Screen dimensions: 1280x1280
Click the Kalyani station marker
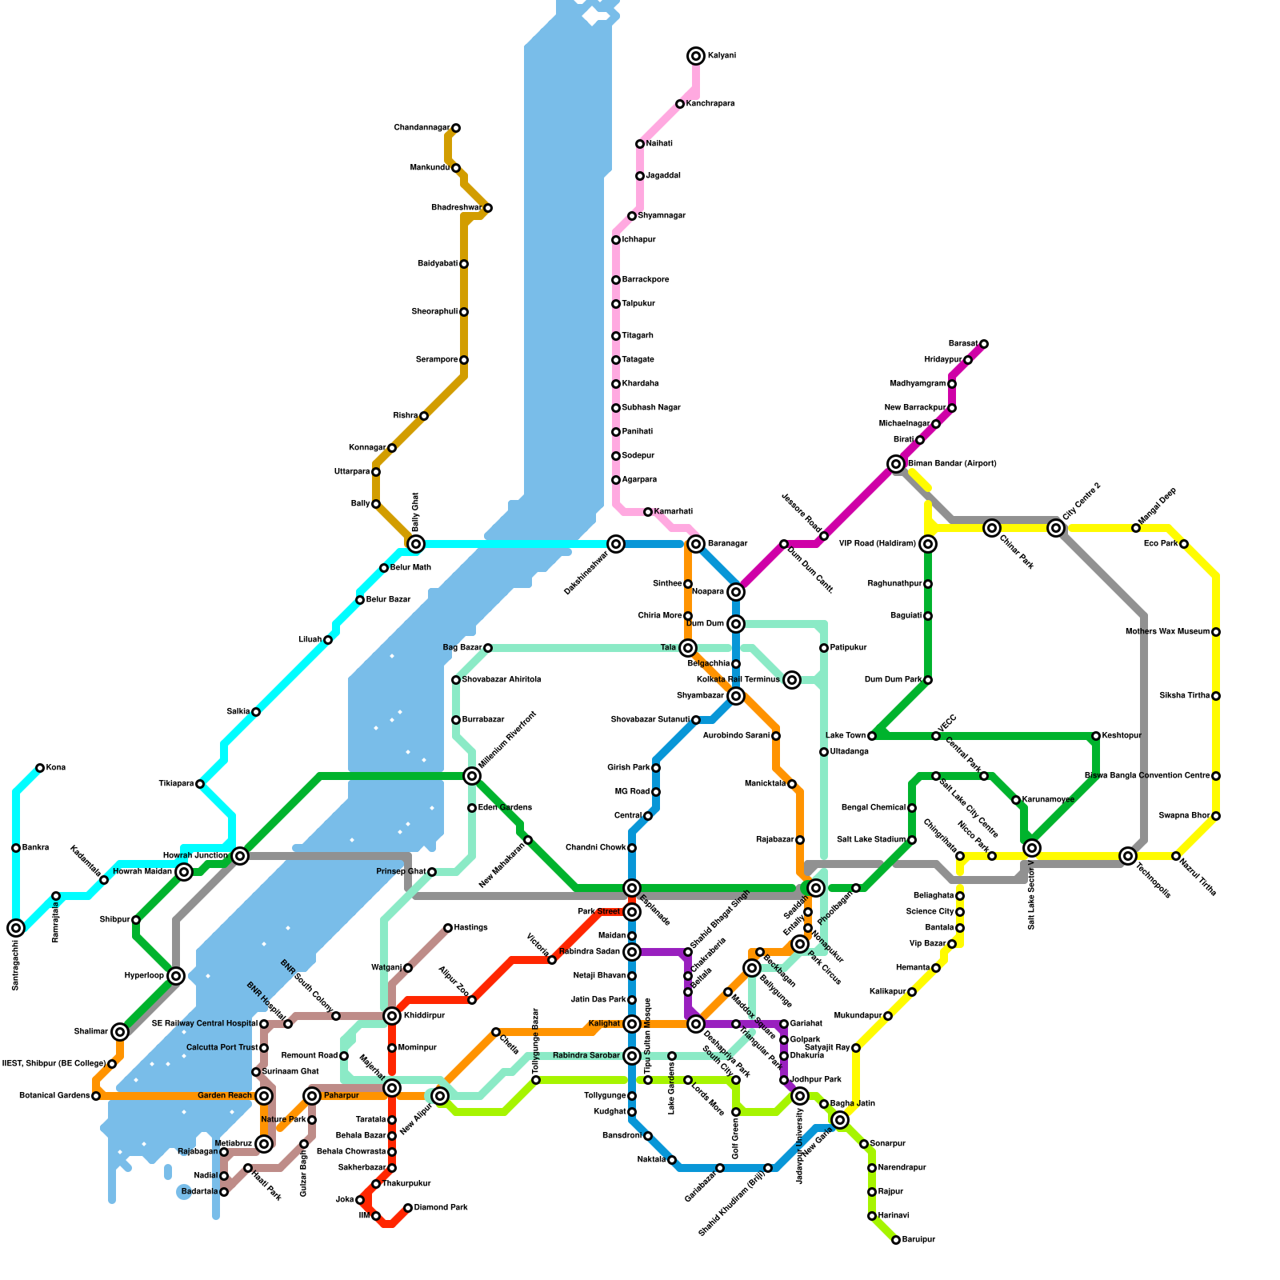pyautogui.click(x=696, y=56)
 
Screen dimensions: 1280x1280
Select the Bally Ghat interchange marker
pyautogui.click(x=416, y=544)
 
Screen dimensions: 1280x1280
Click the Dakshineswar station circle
pyautogui.click(x=616, y=544)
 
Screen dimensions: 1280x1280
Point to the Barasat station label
pyautogui.click(x=962, y=344)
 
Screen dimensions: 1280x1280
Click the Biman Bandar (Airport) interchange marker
pyautogui.click(x=896, y=464)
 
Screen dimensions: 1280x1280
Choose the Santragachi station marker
pyautogui.click(x=16, y=928)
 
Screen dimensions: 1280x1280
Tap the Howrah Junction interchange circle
pyautogui.click(x=240, y=856)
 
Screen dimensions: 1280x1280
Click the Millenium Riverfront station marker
pyautogui.click(x=472, y=776)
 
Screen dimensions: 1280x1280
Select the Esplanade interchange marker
pyautogui.click(x=632, y=888)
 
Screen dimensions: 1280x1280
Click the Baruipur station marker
pyautogui.click(x=896, y=1240)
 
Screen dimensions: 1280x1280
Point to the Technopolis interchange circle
pyautogui.click(x=1128, y=856)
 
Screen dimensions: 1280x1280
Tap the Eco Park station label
pyautogui.click(x=1160, y=544)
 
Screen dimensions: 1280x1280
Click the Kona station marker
pyautogui.click(x=40, y=768)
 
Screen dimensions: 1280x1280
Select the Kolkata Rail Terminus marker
pyautogui.click(x=792, y=680)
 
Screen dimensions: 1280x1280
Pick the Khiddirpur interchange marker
pyautogui.click(x=392, y=1016)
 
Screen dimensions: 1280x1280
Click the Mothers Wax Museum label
pyautogui.click(x=1167, y=632)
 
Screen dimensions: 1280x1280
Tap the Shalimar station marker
pyautogui.click(x=120, y=1032)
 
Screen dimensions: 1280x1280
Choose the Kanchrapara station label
pyautogui.click(x=710, y=104)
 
